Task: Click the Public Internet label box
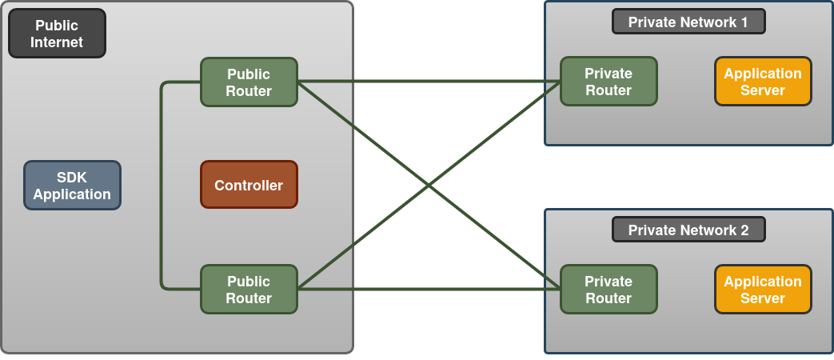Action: [57, 34]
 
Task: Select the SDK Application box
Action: [72, 186]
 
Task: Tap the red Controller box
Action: [249, 185]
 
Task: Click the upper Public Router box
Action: [249, 82]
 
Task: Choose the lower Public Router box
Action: [249, 290]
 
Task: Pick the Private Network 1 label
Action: [688, 22]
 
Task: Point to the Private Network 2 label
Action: [688, 230]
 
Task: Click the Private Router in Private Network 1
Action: [609, 82]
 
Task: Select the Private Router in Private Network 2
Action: [609, 290]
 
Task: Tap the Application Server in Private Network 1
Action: [763, 82]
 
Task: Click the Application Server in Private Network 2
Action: [763, 290]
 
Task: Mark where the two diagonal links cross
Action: [429, 186]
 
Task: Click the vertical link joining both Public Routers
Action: [162, 186]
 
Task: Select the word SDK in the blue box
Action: [72, 178]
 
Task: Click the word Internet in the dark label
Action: [57, 42]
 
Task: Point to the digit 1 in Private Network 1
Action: [744, 22]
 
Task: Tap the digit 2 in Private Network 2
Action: [744, 230]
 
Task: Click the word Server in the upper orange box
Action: [763, 90]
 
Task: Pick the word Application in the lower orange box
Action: [763, 281]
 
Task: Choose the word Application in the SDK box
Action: [72, 194]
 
